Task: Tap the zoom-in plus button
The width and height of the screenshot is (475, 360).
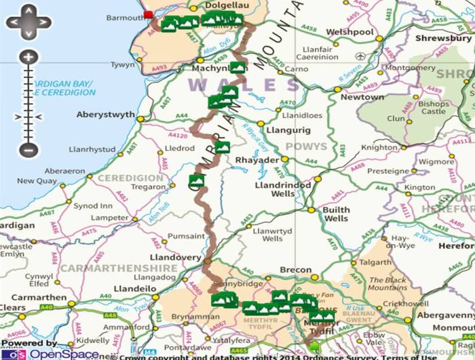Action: [28, 57]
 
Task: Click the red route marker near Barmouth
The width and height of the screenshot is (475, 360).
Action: [149, 14]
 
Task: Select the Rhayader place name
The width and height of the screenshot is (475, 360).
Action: [256, 160]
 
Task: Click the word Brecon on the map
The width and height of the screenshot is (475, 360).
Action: [296, 270]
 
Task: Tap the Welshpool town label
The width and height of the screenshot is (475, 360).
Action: [349, 32]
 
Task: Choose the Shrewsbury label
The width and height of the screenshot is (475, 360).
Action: [444, 39]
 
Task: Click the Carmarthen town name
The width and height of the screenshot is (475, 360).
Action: [28, 297]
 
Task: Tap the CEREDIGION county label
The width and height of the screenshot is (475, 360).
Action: [131, 178]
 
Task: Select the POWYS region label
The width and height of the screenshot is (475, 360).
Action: [305, 146]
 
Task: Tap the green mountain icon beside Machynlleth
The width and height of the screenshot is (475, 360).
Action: [237, 67]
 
